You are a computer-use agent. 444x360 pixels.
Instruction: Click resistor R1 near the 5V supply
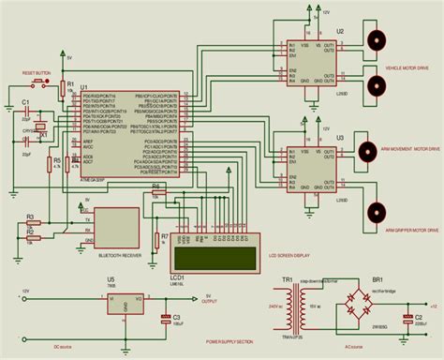click(x=67, y=89)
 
